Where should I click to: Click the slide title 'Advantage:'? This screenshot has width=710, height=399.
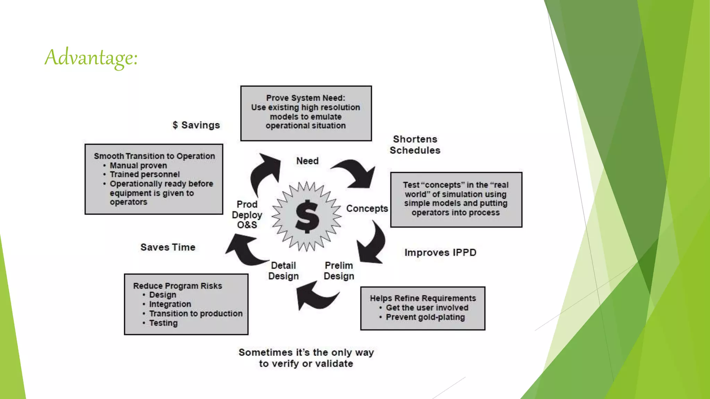(x=91, y=57)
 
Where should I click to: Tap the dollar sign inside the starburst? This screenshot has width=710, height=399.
(x=307, y=216)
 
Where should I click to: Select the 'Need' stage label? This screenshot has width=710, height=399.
(x=307, y=161)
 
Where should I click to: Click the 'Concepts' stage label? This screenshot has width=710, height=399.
(x=367, y=209)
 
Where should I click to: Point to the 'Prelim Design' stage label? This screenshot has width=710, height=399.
(x=339, y=271)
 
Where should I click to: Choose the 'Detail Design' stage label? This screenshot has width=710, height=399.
(x=283, y=271)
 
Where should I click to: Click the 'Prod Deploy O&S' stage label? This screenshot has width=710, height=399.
(x=247, y=215)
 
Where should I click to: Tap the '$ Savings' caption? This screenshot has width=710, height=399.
(x=196, y=125)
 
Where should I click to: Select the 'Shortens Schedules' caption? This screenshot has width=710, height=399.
(x=415, y=145)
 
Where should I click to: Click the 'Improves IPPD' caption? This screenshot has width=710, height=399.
(x=440, y=252)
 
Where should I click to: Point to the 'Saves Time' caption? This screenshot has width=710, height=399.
(x=168, y=247)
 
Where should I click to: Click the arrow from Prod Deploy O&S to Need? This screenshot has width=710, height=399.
(x=265, y=171)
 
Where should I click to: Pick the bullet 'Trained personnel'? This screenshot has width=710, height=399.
(x=145, y=175)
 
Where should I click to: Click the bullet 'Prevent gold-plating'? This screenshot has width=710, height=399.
(x=425, y=317)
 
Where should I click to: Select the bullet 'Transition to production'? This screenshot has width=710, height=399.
(x=196, y=313)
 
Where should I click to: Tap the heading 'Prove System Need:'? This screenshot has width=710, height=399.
(x=305, y=98)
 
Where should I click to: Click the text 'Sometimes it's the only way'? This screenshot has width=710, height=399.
(x=306, y=353)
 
